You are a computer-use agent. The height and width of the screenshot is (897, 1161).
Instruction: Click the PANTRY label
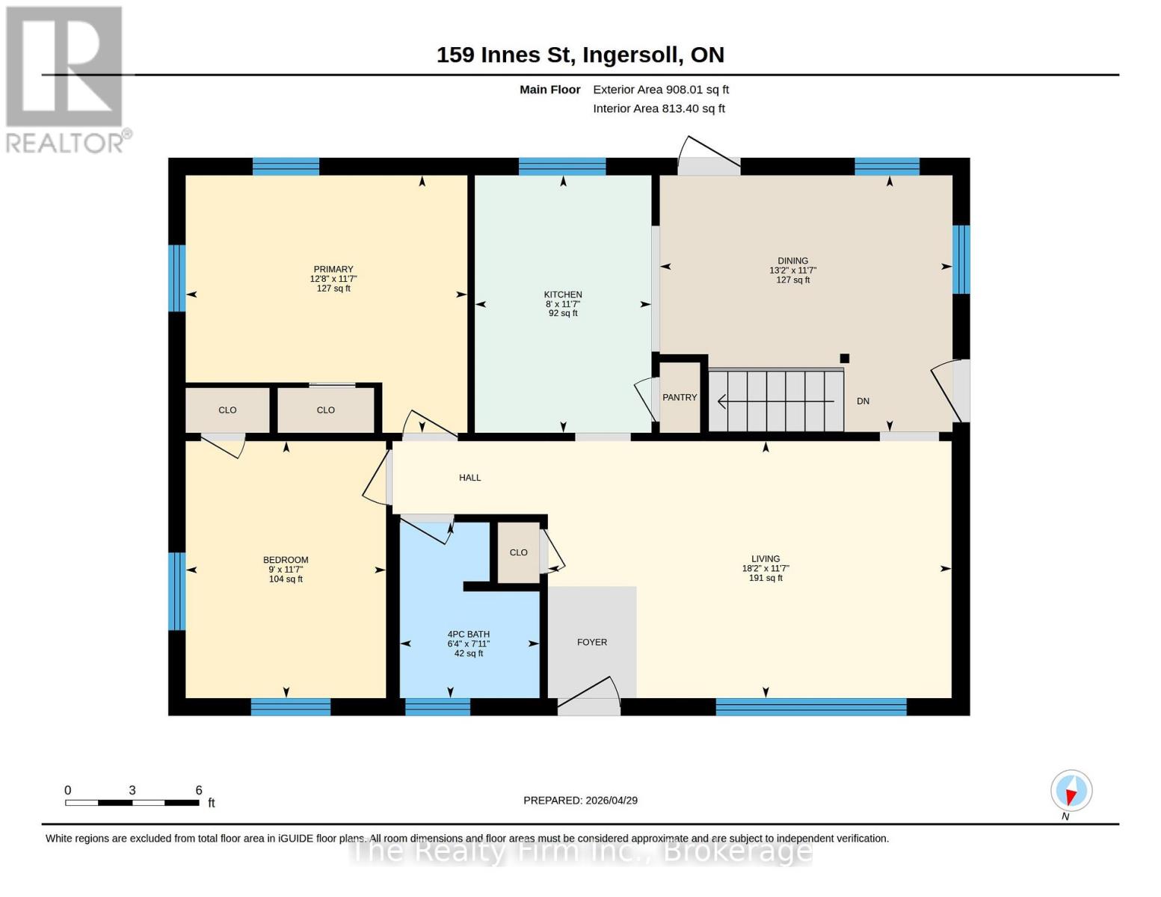tap(680, 398)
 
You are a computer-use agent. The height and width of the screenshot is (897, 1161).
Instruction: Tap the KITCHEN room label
tap(563, 295)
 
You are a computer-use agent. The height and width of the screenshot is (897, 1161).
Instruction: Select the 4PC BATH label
tap(469, 635)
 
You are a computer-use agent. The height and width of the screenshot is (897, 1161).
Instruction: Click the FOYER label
tap(592, 642)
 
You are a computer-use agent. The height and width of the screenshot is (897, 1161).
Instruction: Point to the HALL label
tap(469, 478)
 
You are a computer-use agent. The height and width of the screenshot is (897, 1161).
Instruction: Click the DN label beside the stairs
tap(863, 401)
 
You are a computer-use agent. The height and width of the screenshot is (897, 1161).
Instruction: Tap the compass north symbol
tap(1071, 791)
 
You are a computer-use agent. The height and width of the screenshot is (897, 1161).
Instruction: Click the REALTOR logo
tap(66, 78)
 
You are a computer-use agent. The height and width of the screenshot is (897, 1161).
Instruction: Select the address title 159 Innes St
tap(580, 55)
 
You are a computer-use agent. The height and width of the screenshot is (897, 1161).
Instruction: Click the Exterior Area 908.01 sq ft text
tap(661, 90)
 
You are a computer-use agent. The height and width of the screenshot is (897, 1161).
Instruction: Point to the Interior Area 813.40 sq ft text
tap(659, 108)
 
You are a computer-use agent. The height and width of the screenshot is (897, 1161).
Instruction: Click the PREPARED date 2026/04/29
tap(580, 801)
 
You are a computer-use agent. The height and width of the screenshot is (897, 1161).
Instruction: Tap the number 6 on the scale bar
tap(199, 790)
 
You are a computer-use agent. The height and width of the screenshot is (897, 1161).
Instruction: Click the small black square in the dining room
tap(845, 358)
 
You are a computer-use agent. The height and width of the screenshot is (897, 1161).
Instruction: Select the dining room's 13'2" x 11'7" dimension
tap(792, 271)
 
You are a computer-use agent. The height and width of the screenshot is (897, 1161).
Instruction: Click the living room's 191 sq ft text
tap(766, 578)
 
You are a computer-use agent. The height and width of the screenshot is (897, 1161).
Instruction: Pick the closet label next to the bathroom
tap(518, 552)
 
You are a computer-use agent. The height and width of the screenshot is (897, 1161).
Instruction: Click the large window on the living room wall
tap(811, 706)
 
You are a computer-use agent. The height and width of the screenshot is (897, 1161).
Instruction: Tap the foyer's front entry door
tap(589, 699)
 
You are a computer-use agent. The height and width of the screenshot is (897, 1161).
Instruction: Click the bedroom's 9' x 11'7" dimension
tap(286, 570)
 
